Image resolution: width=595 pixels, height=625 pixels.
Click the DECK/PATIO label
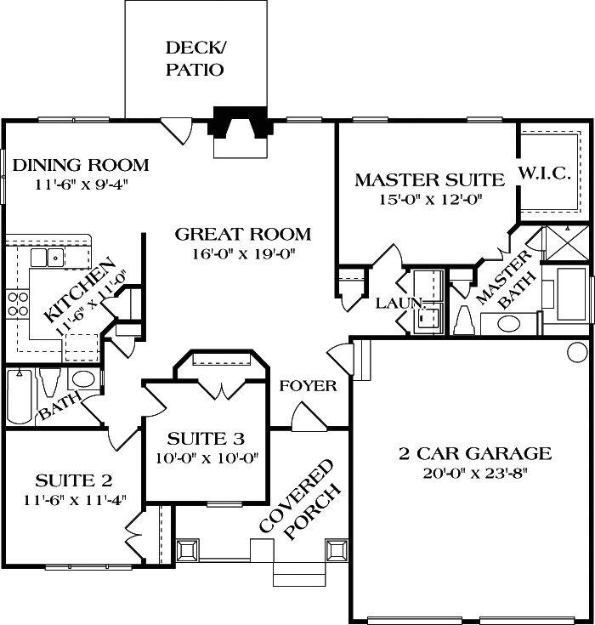[194, 58]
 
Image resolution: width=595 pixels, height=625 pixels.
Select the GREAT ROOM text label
[243, 234]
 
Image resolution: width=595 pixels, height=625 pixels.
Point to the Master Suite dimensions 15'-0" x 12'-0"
[430, 201]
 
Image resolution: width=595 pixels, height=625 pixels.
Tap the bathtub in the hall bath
[20, 396]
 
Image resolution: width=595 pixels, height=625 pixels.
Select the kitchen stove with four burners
[17, 304]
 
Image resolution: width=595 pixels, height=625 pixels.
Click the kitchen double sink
[47, 257]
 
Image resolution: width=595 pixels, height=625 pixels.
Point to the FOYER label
[308, 386]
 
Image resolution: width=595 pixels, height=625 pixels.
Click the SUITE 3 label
[206, 439]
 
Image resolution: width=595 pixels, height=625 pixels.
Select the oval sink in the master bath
[509, 324]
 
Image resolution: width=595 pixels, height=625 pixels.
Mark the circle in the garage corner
[577, 351]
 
